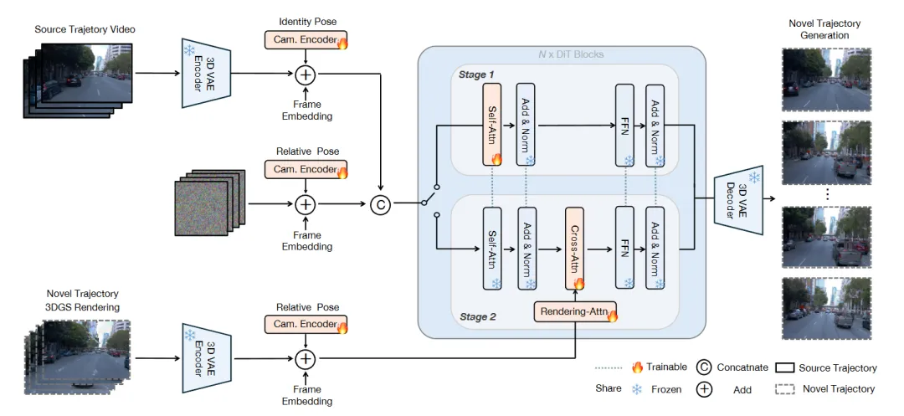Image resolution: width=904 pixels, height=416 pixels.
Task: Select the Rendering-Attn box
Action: click(x=575, y=312)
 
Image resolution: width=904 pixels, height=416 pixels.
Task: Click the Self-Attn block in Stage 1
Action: click(x=491, y=124)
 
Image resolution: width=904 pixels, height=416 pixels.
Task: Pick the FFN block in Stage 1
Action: click(x=624, y=124)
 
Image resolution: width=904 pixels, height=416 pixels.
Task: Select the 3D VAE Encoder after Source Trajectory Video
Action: click(x=203, y=72)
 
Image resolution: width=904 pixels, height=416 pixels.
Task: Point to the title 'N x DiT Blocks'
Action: click(x=560, y=55)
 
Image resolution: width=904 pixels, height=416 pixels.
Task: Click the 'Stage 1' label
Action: click(x=477, y=75)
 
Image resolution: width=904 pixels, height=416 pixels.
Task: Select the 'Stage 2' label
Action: click(x=477, y=317)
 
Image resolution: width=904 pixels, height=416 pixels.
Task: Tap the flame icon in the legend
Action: click(x=637, y=367)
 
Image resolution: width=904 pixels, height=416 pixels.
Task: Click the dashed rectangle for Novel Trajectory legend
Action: click(x=783, y=388)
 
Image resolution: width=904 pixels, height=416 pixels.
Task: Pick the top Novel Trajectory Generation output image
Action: click(x=824, y=80)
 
